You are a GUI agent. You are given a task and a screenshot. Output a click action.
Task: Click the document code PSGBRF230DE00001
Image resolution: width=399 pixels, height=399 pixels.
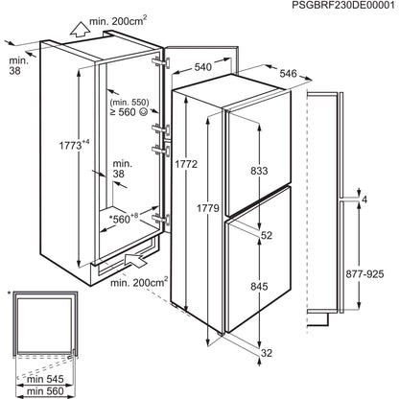343,6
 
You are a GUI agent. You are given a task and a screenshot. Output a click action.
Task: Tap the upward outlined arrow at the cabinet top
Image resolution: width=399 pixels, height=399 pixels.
80,30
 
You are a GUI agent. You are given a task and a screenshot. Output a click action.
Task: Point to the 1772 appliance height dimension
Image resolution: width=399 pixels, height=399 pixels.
186,164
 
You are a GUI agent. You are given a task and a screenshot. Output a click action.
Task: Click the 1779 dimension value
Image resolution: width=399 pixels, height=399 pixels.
208,208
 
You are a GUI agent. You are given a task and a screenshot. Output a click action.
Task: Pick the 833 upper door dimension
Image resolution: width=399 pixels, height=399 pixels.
259,171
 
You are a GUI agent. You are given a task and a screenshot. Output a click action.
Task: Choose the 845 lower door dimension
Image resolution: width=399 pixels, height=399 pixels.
259,287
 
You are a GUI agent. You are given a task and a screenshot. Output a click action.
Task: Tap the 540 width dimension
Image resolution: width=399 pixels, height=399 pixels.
203,67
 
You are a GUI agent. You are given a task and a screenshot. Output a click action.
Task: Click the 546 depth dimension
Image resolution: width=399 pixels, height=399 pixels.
289,74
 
